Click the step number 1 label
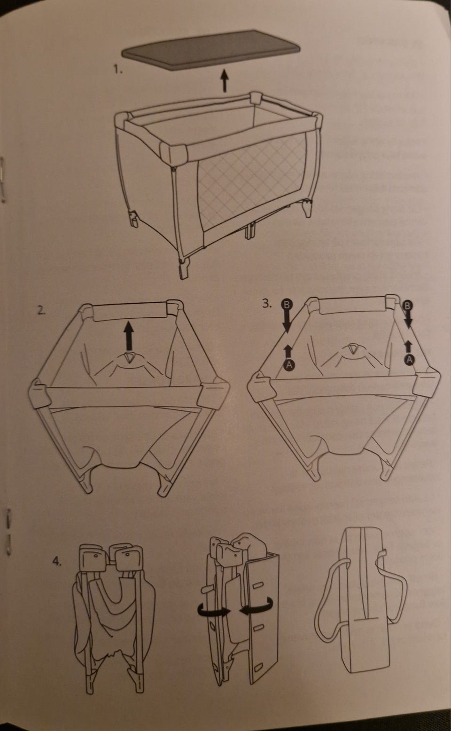(118, 69)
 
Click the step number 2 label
(41, 310)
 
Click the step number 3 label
(267, 304)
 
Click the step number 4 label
(57, 562)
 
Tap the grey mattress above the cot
(211, 50)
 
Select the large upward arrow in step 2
(129, 336)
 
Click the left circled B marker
(287, 305)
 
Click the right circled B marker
(407, 306)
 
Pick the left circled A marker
(288, 364)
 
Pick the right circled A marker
(409, 360)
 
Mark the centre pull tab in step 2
(130, 358)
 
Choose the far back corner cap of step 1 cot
(256, 97)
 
